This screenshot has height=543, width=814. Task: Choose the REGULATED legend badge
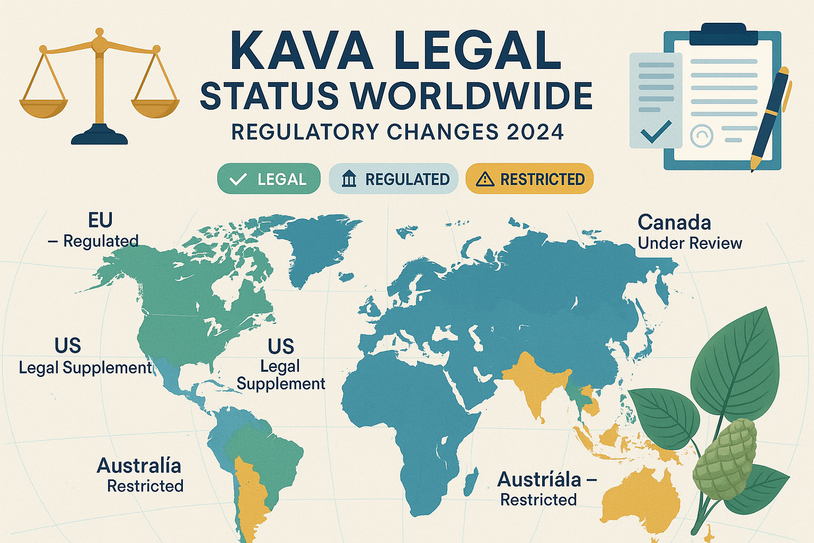click(x=393, y=179)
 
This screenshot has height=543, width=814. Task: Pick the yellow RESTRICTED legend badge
click(x=530, y=179)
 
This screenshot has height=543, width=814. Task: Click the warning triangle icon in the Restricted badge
click(x=485, y=179)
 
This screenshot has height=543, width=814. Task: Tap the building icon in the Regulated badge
click(x=349, y=179)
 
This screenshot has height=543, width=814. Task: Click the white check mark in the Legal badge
click(x=238, y=179)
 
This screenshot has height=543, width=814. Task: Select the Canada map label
click(x=674, y=223)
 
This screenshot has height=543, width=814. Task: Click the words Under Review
click(x=690, y=243)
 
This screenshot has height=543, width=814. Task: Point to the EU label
click(x=100, y=220)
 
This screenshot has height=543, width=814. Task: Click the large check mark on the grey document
click(x=656, y=132)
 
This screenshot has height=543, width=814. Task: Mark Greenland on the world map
click(x=315, y=244)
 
